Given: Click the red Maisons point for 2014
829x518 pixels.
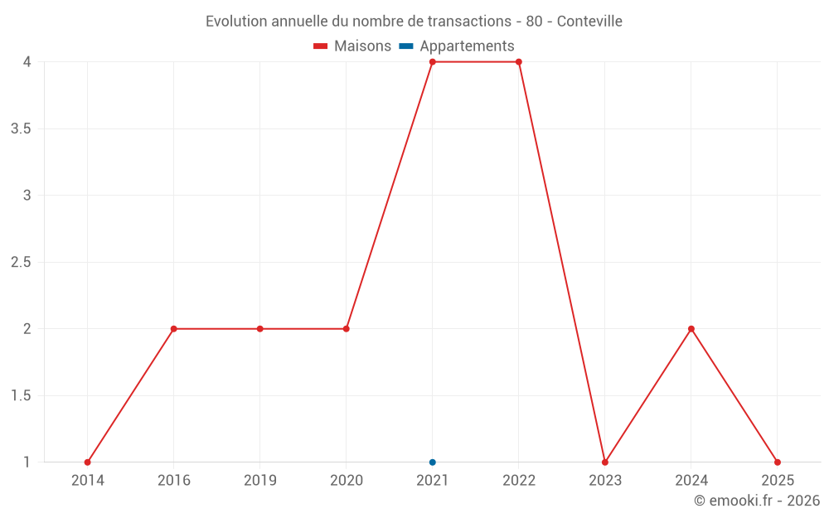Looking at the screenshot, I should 87,462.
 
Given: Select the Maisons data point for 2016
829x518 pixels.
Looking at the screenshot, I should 173,329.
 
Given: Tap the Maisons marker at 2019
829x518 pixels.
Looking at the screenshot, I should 259,329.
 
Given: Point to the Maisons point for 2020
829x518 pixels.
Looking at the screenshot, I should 346,329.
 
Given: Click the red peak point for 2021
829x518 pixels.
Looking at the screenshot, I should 432,62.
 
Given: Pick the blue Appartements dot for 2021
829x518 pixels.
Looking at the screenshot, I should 432,462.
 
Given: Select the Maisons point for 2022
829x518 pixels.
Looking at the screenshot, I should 518,62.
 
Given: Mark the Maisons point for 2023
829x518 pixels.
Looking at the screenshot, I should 604,462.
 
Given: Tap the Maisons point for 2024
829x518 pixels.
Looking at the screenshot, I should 691,329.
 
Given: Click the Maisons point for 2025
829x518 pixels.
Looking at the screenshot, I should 777,462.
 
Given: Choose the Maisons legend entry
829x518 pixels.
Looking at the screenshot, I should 352,46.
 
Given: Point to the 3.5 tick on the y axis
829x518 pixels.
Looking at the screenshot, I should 21,128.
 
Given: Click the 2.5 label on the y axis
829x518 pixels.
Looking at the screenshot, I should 21,262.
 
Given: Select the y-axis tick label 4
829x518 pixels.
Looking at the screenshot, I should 27,62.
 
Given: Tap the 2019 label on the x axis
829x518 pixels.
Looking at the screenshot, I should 259,480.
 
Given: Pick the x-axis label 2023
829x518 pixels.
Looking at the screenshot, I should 604,480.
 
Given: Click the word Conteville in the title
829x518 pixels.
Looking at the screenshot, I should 589,21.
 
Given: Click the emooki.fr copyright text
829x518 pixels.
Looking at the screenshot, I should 756,501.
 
